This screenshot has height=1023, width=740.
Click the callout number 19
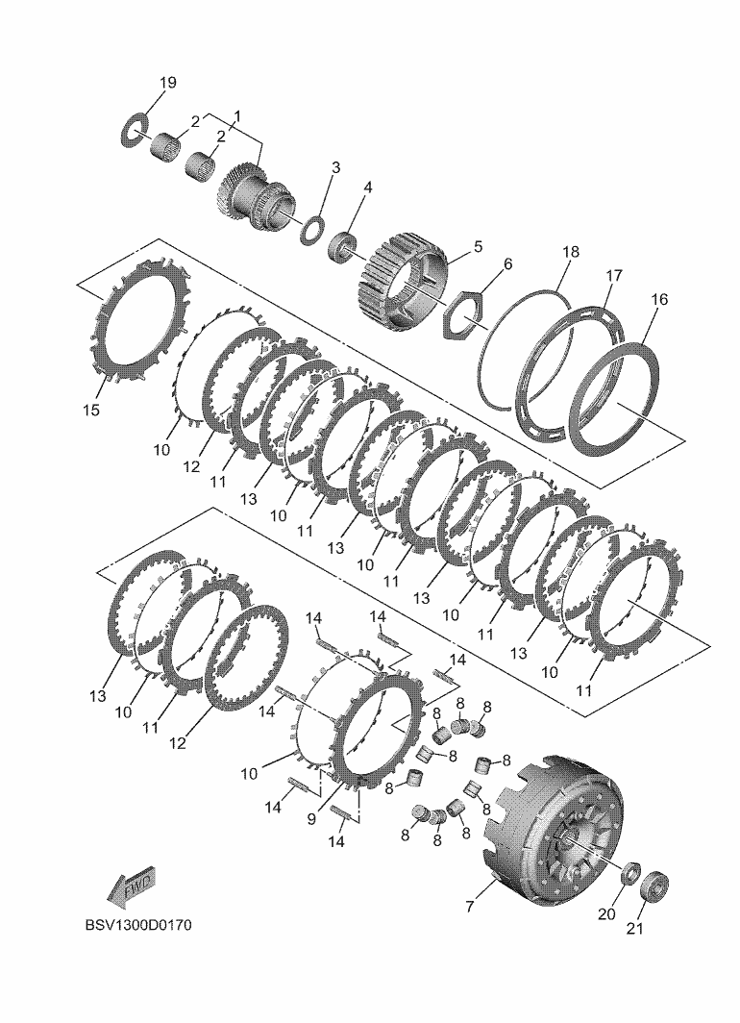(x=167, y=83)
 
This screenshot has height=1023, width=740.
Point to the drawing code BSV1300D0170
(x=139, y=926)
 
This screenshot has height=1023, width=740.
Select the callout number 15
(x=91, y=411)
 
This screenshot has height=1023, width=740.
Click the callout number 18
(x=571, y=252)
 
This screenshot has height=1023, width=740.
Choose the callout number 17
(x=613, y=275)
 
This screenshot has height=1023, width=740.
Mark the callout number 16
(x=659, y=299)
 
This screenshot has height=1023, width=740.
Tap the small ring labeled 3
(x=312, y=231)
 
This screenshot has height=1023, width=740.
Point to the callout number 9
(x=311, y=818)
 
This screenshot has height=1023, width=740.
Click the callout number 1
(x=237, y=116)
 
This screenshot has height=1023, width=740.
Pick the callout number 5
(x=478, y=246)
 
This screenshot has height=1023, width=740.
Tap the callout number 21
(x=635, y=928)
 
